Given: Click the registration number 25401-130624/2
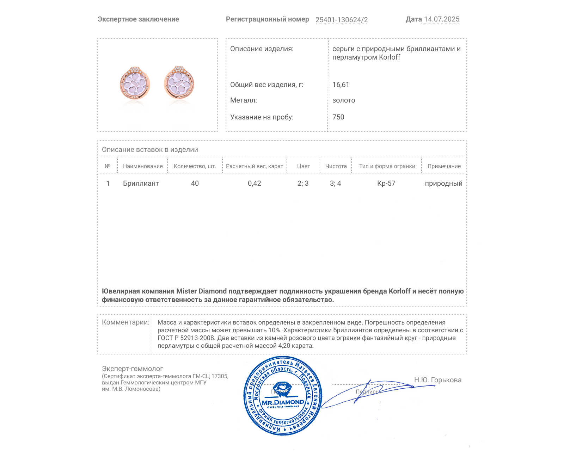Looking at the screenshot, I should pos(341,20).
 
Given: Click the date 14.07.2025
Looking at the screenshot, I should pos(441,19).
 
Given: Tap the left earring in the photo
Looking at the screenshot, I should pos(135,84).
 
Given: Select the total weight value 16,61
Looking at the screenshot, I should pos(341,85).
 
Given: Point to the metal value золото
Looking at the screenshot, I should pos(344,100).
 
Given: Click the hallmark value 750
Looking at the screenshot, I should pos(338,117).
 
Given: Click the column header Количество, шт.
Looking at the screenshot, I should pos(195,166).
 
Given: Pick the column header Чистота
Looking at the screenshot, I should pos(336,166).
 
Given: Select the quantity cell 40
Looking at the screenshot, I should pos(195,184).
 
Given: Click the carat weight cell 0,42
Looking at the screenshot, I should pos(255,184).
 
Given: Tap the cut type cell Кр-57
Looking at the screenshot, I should pos(386,184).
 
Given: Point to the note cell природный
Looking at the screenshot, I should pos(443,184).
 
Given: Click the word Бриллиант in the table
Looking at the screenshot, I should pos(141,184).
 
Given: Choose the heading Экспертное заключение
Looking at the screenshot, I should pos(138,19).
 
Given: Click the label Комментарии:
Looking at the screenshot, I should pos(125,322).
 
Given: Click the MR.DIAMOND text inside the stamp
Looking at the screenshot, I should pos(283,402).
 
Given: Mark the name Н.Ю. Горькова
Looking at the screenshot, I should pos(437,380).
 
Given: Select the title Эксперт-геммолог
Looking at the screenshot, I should pos(132,369).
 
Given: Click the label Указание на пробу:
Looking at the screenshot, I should pos(262,117).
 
